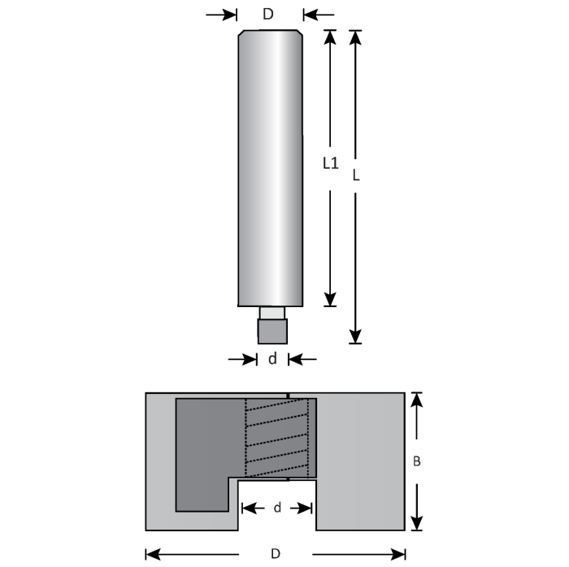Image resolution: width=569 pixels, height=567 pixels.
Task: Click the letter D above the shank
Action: [x=268, y=14]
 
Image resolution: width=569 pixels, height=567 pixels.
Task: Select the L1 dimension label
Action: [x=330, y=163]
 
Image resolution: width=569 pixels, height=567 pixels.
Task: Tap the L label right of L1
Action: [x=355, y=175]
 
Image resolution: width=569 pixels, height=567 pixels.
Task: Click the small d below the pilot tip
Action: [x=272, y=359]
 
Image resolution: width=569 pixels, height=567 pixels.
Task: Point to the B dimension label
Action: [x=416, y=461]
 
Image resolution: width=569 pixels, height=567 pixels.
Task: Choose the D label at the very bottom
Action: [x=276, y=554]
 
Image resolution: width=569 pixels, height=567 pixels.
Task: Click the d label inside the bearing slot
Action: [x=277, y=508]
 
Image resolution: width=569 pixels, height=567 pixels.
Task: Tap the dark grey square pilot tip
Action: [x=272, y=331]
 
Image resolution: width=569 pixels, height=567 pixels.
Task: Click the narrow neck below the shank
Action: [x=271, y=314]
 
